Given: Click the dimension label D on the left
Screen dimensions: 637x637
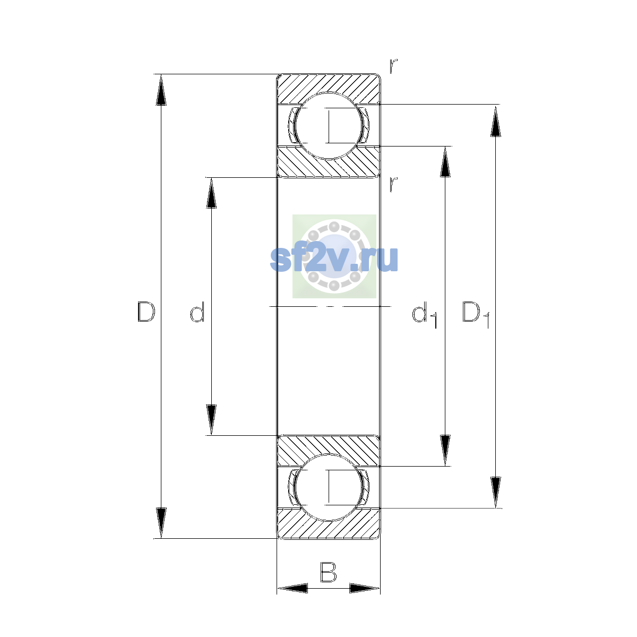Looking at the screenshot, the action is pyautogui.click(x=146, y=312).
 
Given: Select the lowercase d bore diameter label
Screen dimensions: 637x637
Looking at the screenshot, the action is pyautogui.click(x=197, y=312).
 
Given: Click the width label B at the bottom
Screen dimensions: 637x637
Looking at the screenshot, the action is pyautogui.click(x=328, y=572).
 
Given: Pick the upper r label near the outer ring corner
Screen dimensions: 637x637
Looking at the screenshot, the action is pyautogui.click(x=393, y=66).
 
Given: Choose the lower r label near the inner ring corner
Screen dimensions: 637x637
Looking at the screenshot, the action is pyautogui.click(x=393, y=184).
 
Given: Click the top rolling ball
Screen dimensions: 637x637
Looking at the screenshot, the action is pyautogui.click(x=328, y=126).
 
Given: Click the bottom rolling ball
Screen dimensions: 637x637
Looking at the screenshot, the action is pyautogui.click(x=328, y=488).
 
